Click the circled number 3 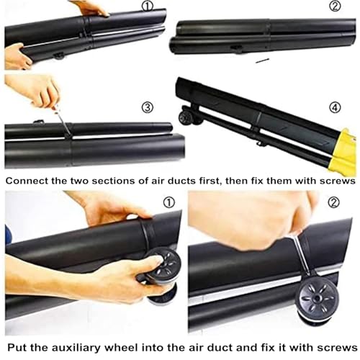148,107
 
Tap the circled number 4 335,107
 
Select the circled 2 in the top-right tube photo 335,6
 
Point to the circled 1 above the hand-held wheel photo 169,202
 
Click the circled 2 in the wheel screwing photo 333,202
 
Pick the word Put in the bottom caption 17,348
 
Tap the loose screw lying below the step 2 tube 262,60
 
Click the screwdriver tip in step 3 68,132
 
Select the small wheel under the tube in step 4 186,117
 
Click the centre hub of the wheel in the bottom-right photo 318,298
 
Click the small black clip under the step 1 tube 58,56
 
